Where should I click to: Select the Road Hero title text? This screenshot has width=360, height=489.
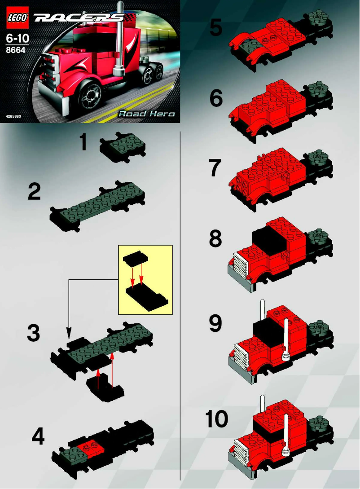146,114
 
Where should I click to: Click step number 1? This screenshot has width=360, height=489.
83,143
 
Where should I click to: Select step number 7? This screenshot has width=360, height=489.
216,169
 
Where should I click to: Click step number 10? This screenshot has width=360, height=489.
217,420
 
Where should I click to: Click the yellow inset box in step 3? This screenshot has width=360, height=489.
145,279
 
